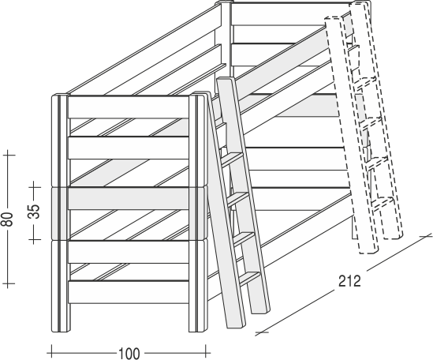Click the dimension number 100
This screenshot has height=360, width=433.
click(x=129, y=354)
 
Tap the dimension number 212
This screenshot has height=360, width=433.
click(x=349, y=281)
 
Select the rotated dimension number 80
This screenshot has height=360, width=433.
click(x=9, y=219)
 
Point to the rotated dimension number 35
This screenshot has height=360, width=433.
click(x=35, y=212)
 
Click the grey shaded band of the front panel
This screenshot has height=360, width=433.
click(x=129, y=198)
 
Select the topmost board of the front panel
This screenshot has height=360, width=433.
click(x=129, y=107)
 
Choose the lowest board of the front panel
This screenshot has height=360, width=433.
click(x=129, y=292)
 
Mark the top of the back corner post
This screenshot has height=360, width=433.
click(x=223, y=3)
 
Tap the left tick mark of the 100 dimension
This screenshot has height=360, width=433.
click(x=51, y=353)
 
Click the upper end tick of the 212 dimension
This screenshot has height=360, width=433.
click(x=426, y=237)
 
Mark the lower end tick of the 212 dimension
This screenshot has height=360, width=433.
click(x=262, y=332)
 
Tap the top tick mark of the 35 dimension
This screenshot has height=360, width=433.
click(x=35, y=187)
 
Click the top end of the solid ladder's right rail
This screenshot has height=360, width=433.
click(x=226, y=80)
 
